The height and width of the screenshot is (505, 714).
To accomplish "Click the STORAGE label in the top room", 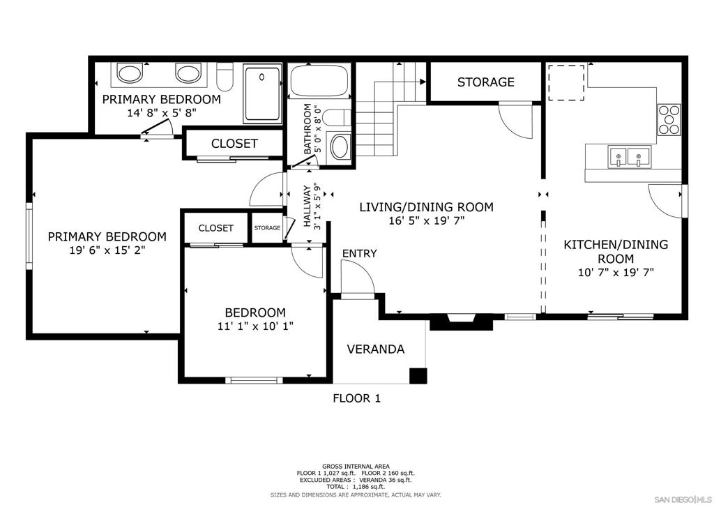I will tap(485, 82).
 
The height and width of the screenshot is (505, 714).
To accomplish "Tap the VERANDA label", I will tap(375, 349).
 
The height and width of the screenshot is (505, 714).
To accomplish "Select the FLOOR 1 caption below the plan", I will tap(356, 399).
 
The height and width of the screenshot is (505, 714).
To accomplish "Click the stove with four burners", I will tap(669, 119).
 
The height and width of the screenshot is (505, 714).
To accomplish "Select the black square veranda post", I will tap(418, 376).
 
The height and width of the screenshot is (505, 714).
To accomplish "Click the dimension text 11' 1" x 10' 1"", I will tap(255, 326).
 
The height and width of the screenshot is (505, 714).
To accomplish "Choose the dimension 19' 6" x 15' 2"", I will tap(107, 250).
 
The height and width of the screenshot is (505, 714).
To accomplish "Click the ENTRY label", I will tap(359, 253).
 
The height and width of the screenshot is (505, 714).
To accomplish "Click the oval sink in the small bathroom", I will tap(340, 147).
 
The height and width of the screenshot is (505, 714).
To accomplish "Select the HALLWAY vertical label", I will tap(307, 206).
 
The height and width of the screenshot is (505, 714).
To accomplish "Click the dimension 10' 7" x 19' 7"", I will tap(615, 273).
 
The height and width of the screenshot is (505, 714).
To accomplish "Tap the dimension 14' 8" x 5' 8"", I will tap(161, 112).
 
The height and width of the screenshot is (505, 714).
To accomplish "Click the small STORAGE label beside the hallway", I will tap(266, 228).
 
